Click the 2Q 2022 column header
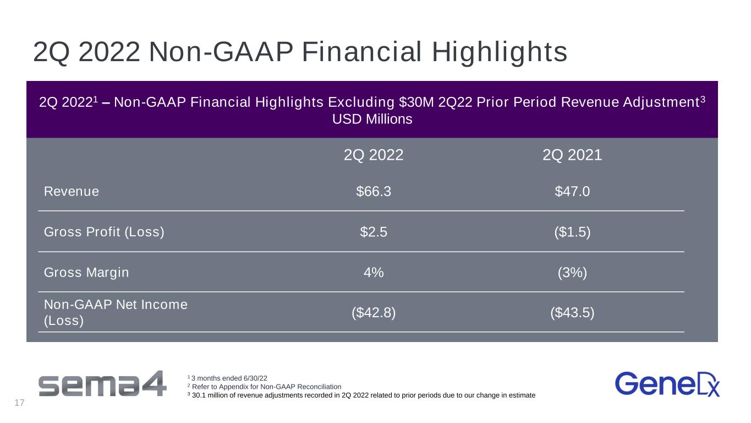[374, 155]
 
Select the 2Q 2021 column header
[572, 155]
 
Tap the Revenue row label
[72, 191]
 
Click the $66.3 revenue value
[374, 191]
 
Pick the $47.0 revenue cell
[572, 191]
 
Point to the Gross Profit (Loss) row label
[105, 232]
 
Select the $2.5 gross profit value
[374, 232]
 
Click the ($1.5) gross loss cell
[572, 232]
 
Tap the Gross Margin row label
[86, 273]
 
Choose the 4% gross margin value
[374, 272]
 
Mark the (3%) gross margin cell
[572, 272]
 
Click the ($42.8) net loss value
[374, 312]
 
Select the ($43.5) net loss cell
[572, 312]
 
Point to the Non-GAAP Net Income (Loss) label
[116, 312]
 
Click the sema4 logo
[102, 383]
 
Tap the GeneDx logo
[667, 384]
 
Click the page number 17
[19, 403]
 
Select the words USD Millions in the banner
[372, 119]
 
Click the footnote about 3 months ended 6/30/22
[227, 378]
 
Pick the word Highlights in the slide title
[500, 52]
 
